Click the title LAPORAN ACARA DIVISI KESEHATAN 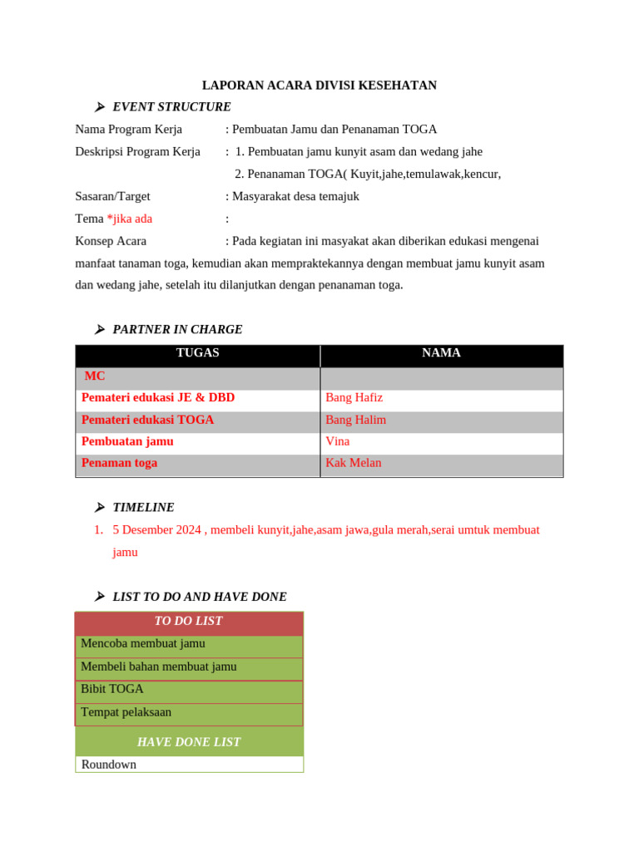319,86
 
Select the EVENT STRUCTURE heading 171,107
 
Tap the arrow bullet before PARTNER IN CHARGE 99,330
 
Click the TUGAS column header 197,353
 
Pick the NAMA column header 441,353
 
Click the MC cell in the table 95,376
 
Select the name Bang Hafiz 354,398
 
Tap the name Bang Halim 355,420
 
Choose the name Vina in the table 337,441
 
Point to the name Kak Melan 353,463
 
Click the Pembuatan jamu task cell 127,441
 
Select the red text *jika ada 129,219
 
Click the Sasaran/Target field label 112,197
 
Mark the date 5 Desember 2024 156,530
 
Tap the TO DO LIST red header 188,622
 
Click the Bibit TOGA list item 112,689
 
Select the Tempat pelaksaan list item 126,712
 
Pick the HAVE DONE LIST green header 189,742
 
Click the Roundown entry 109,765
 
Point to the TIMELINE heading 143,508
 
